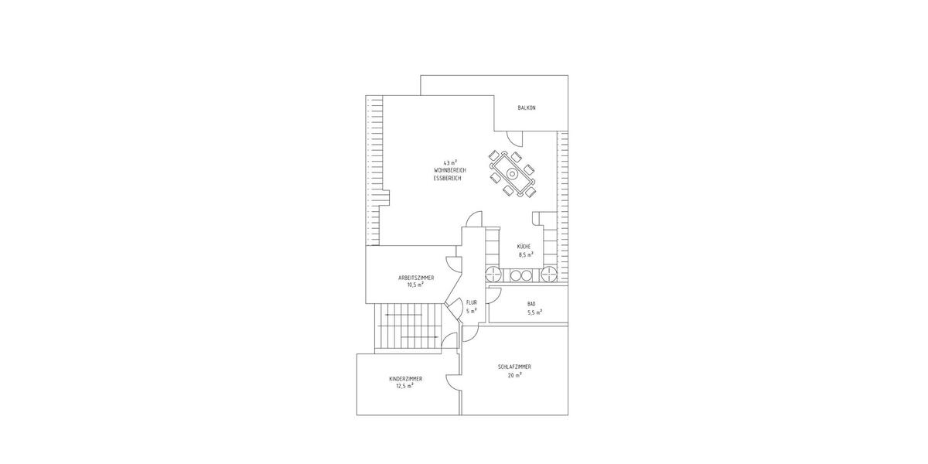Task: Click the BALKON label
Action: (527, 107)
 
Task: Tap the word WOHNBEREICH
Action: (449, 170)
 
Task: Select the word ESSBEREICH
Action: (448, 178)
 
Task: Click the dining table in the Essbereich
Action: (513, 173)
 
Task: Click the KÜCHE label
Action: (524, 246)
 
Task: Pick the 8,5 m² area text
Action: (526, 254)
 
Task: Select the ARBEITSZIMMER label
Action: (415, 277)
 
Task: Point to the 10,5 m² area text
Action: (415, 285)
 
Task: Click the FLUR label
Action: (471, 303)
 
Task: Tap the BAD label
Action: (531, 304)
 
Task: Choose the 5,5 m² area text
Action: (534, 312)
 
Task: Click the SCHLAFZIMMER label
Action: (514, 367)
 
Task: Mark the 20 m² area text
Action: (514, 374)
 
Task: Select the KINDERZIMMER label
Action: (406, 379)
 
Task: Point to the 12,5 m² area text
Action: (404, 386)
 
